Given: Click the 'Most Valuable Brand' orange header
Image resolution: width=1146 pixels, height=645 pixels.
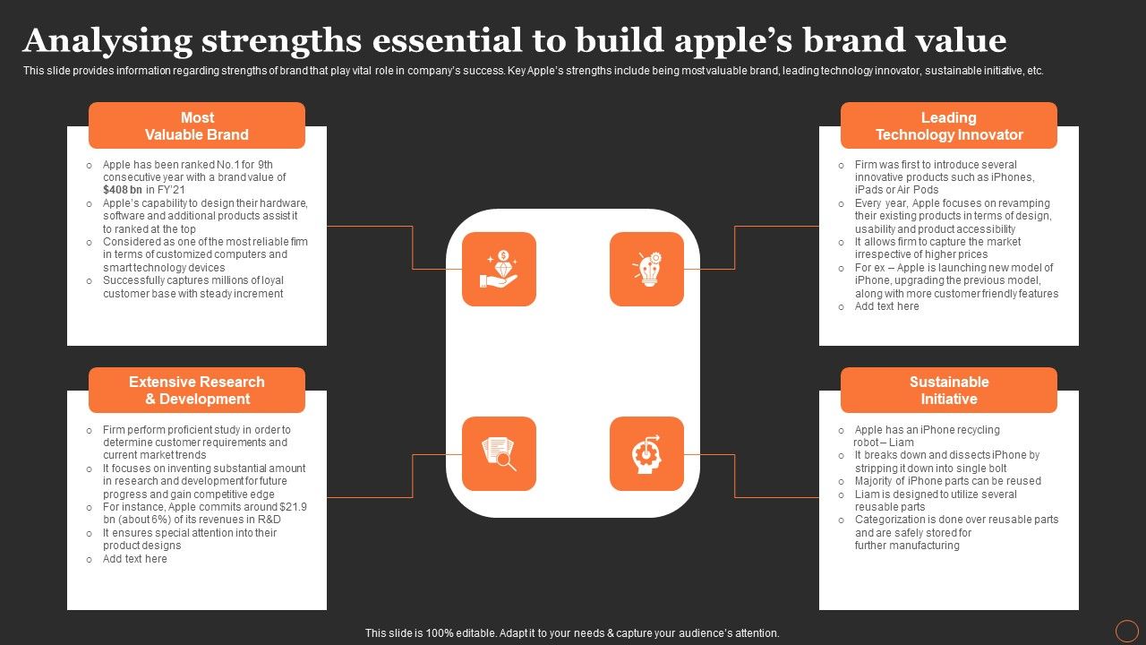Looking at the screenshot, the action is click(x=197, y=125).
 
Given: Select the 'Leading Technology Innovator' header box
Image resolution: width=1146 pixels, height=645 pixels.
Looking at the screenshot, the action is click(x=949, y=125).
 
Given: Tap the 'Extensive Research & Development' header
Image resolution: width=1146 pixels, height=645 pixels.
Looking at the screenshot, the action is click(x=197, y=390).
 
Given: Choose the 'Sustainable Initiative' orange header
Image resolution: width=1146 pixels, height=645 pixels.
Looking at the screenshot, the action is click(x=949, y=390).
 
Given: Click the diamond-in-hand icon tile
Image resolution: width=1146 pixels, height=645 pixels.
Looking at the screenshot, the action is click(x=499, y=270).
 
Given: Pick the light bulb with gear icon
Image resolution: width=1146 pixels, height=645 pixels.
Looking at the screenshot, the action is click(x=646, y=270).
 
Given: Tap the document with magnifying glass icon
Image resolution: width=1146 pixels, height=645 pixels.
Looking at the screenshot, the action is click(x=499, y=453).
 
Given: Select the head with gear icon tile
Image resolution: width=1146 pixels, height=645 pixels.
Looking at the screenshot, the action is click(x=646, y=453).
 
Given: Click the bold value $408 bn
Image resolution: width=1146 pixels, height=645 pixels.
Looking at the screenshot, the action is click(x=123, y=190).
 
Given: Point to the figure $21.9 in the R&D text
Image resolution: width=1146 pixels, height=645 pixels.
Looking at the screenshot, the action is click(x=293, y=507).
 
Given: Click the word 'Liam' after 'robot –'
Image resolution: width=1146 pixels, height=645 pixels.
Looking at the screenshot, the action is click(x=901, y=443).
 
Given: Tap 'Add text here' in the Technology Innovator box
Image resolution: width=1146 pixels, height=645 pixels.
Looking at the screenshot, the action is click(x=886, y=306).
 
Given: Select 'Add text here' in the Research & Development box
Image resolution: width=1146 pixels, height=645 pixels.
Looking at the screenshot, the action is click(x=134, y=559).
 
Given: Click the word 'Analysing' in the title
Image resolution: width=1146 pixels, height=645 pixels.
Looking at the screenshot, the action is click(x=107, y=41).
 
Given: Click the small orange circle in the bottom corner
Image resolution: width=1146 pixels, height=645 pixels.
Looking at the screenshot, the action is click(x=1126, y=632).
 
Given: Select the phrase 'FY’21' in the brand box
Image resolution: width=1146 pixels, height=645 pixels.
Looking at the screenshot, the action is click(x=171, y=190).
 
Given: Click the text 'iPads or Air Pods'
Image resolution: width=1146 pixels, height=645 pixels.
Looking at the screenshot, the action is click(x=896, y=190).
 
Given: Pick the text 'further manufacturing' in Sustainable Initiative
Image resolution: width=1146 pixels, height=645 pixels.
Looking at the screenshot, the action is click(x=907, y=546).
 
